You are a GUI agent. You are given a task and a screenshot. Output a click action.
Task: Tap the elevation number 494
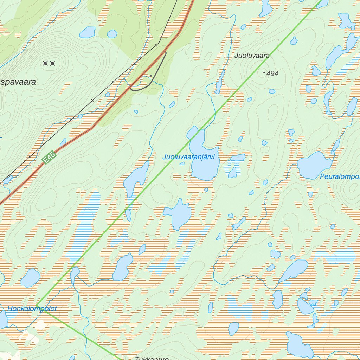click(272, 73)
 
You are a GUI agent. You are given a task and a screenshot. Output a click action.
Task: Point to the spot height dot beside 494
click(264, 72)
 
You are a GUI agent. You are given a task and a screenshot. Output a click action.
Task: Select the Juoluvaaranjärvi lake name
click(188, 157)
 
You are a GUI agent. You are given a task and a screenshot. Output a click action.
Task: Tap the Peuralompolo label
click(340, 176)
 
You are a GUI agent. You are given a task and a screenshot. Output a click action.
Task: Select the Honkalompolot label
click(32, 309)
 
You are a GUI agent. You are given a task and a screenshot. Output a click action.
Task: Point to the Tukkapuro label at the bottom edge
click(152, 358)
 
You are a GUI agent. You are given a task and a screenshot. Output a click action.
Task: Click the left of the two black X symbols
click(45, 63)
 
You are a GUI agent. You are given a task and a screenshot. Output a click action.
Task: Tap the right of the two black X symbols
click(52, 63)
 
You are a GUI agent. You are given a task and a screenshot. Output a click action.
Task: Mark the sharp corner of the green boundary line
click(37, 305)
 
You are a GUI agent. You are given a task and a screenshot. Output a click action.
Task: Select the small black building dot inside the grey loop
click(151, 76)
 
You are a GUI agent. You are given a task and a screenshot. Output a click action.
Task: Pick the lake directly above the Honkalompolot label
click(30, 278)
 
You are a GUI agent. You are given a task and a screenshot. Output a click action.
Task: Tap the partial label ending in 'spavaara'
click(18, 82)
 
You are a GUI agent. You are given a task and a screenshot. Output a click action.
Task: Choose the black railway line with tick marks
click(92, 101)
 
